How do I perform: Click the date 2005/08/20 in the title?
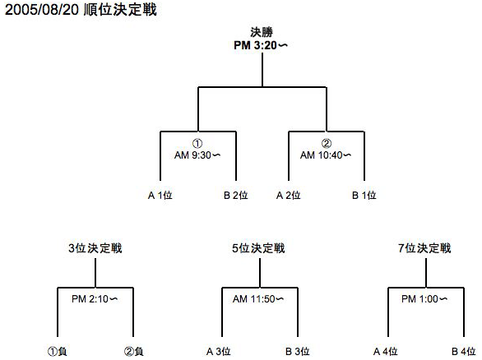pyautogui.click(x=42, y=10)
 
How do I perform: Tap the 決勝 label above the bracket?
pyautogui.click(x=262, y=32)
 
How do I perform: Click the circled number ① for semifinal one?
pyautogui.click(x=197, y=143)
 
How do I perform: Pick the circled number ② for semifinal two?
pyautogui.click(x=327, y=143)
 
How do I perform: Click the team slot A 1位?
pyautogui.click(x=160, y=195)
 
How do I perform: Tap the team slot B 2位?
pyautogui.click(x=236, y=195)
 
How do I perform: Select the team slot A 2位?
pyautogui.click(x=289, y=195)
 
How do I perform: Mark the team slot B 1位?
pyautogui.click(x=364, y=195)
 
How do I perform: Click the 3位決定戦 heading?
pyautogui.click(x=95, y=248)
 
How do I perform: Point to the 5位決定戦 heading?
pyautogui.click(x=258, y=248)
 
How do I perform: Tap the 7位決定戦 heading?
pyautogui.click(x=424, y=248)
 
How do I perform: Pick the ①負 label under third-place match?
pyautogui.click(x=58, y=351)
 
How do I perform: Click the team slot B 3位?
pyautogui.click(x=297, y=351)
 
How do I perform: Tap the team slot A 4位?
pyautogui.click(x=385, y=351)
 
